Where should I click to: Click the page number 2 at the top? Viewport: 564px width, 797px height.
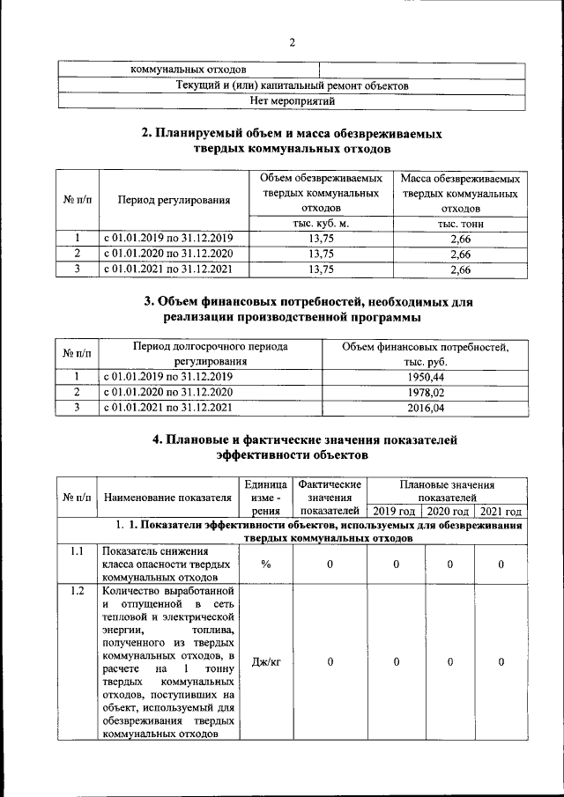(x=292, y=44)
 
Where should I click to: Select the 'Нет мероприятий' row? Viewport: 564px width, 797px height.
(x=292, y=101)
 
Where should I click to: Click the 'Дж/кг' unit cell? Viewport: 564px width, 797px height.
(x=265, y=661)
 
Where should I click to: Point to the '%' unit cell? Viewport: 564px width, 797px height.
(x=265, y=565)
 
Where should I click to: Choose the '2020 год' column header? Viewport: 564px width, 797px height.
(x=448, y=512)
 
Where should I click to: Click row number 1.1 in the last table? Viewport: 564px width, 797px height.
(x=78, y=551)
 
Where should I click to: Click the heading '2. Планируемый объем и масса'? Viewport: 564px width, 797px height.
(x=292, y=141)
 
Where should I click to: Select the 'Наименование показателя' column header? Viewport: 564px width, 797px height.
(x=167, y=498)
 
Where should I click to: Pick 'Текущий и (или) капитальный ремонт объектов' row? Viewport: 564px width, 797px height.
(x=292, y=85)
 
